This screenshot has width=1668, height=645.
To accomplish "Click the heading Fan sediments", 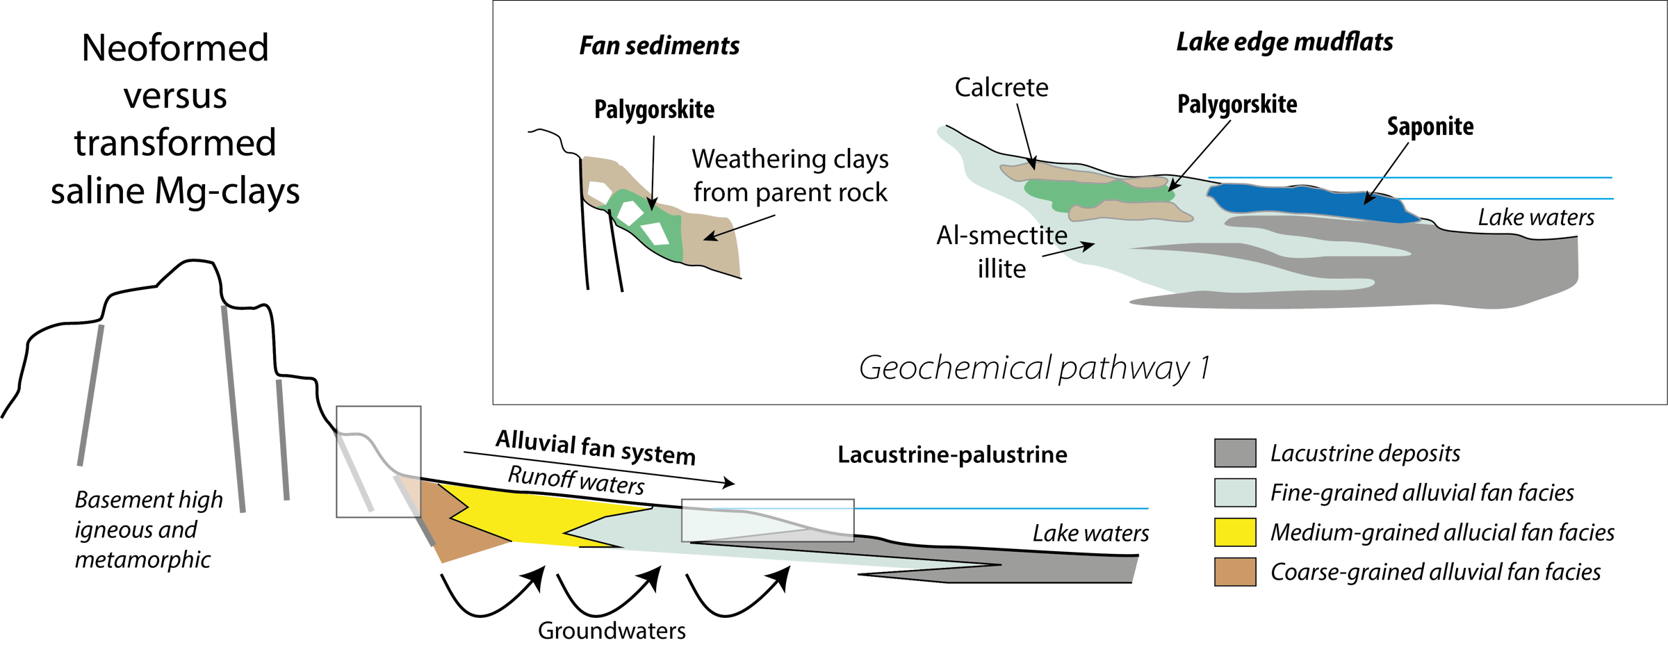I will pos(659,46).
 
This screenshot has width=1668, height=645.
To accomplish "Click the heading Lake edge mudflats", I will pos(1284,42).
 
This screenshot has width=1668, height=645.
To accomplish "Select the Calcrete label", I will pos(1001,88).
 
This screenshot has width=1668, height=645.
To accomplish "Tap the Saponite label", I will pos(1430,126).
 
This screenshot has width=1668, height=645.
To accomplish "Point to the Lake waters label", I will pos(1536,218).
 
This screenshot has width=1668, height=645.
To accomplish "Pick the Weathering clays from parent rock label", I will pos(790,176).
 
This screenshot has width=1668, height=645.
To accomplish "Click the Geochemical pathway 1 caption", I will pos(1034,368).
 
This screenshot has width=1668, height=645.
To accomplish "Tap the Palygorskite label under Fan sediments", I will pos(654,110).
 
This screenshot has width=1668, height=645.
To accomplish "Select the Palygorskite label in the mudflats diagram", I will pos(1237,104).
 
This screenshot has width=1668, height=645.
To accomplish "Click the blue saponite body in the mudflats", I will pos(1307,202).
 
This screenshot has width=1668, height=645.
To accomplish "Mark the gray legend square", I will pos(1235,453).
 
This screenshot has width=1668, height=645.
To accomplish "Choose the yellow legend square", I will pos(1235,532).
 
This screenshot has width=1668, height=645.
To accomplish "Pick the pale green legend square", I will pos(1235,493).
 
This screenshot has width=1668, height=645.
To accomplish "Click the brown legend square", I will pos(1235,572).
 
